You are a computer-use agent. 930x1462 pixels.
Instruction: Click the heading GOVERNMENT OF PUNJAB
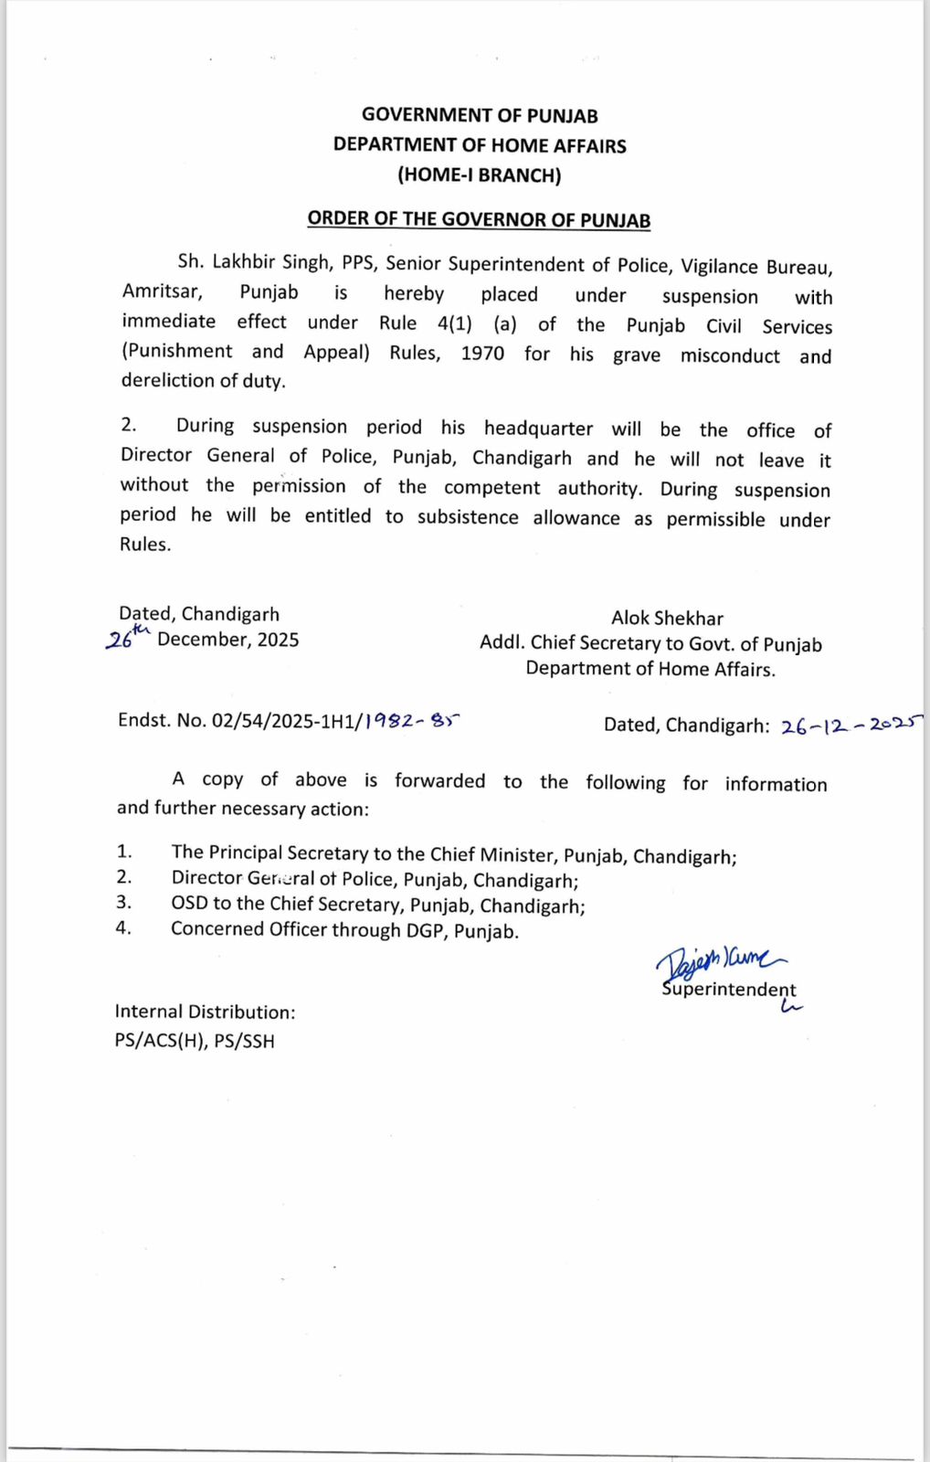pos(480,115)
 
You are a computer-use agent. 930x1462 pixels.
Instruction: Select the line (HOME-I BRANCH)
pos(480,175)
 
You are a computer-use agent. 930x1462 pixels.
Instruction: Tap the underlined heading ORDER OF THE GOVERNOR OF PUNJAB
pos(479,219)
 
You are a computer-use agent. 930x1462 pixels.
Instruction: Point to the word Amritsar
pos(162,292)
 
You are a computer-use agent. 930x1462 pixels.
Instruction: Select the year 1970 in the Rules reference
pos(482,354)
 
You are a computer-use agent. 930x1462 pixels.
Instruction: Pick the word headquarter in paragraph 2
pos(538,429)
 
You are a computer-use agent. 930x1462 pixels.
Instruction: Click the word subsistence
pos(468,517)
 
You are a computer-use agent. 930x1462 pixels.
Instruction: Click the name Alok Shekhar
pos(667,619)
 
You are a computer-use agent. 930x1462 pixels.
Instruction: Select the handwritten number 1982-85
pos(411,721)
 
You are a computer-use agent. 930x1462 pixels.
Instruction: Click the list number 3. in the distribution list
pos(123,903)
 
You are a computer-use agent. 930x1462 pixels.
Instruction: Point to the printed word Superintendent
pos(729,990)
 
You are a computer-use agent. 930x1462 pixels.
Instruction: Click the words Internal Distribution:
pos(205,1012)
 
